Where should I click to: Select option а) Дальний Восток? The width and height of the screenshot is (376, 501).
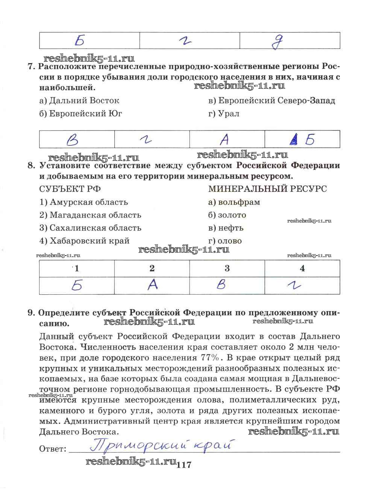coord(79,101)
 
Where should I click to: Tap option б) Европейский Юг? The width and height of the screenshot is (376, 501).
coord(81,114)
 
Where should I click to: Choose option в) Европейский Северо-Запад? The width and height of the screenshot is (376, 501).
coord(271,101)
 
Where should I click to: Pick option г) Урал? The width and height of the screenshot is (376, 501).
coord(224,114)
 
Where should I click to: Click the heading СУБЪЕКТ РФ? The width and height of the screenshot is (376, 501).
coord(70,189)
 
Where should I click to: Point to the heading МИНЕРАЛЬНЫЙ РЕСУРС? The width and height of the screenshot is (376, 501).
coord(267,189)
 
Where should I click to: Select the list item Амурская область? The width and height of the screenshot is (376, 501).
coord(84,202)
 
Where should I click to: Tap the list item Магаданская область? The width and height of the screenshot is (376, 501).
coord(90,215)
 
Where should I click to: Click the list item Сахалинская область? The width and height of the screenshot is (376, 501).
coord(90,228)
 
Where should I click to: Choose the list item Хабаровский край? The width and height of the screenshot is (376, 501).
coord(84,241)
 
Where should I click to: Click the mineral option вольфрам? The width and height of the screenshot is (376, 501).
coord(234,202)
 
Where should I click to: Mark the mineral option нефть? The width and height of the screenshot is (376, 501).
coord(226,228)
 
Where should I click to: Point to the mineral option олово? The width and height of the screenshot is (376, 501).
coord(225,241)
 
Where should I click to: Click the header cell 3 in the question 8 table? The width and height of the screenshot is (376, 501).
coord(227,268)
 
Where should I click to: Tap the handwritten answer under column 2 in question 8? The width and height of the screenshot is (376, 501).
coord(152,285)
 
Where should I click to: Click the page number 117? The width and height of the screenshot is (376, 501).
coord(184,465)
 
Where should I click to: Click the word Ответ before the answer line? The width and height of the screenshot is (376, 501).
coord(52,449)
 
